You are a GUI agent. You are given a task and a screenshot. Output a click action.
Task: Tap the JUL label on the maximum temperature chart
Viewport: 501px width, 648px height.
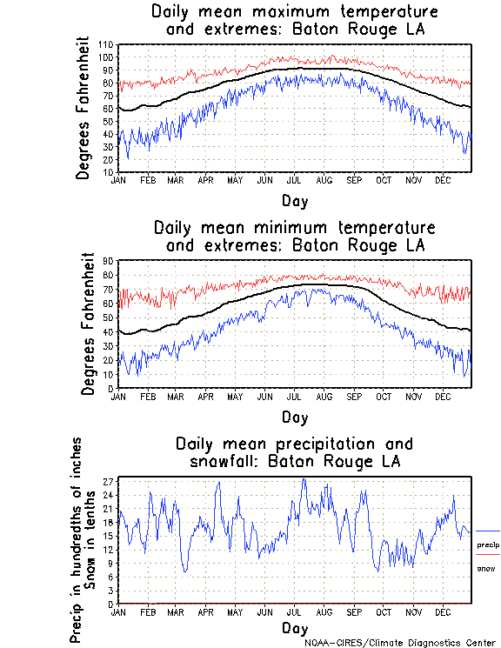click(x=293, y=179)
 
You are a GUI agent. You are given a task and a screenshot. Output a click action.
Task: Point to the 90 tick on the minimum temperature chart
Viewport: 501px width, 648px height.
click(x=109, y=260)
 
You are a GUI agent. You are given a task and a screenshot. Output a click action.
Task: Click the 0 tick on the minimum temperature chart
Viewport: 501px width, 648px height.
click(x=111, y=388)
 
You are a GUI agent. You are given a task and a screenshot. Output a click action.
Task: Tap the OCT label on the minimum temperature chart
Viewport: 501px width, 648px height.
click(x=383, y=396)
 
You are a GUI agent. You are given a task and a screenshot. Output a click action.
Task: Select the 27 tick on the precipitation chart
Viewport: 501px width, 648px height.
click(x=109, y=480)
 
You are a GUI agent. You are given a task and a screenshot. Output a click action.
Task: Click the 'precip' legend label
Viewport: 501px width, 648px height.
click(x=488, y=544)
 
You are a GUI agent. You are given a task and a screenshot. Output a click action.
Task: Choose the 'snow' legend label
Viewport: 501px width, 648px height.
click(x=486, y=568)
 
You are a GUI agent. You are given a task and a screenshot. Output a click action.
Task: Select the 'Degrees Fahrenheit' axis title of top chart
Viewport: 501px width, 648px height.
click(x=83, y=108)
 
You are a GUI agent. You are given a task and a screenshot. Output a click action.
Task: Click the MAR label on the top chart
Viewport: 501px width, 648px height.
click(x=175, y=179)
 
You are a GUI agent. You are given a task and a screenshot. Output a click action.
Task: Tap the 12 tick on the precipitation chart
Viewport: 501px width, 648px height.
click(x=109, y=549)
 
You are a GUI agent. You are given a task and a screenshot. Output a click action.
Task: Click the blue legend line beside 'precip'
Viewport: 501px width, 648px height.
click(x=488, y=531)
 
